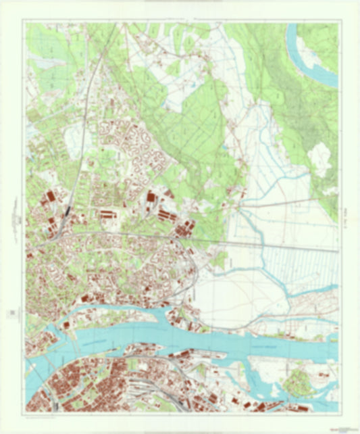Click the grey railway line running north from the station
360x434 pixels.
pyautogui.click(x=84, y=135)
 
